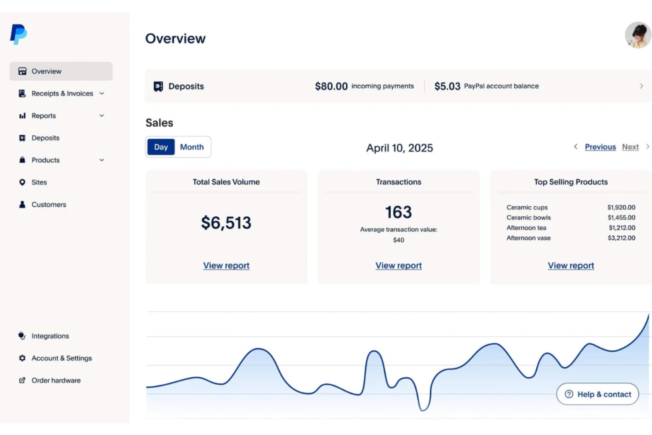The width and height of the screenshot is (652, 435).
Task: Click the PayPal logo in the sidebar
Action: click(x=19, y=34)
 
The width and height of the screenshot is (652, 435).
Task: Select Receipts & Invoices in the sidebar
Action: click(x=62, y=93)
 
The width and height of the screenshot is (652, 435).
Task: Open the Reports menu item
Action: click(x=44, y=116)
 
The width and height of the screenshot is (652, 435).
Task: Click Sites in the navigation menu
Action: click(x=39, y=182)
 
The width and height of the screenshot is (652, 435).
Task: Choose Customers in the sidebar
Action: click(x=48, y=204)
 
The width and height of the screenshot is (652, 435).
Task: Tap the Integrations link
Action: click(x=50, y=336)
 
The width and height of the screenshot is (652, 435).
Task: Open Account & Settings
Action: click(x=61, y=358)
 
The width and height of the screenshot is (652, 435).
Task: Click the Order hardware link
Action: click(x=56, y=380)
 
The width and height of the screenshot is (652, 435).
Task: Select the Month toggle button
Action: click(x=192, y=147)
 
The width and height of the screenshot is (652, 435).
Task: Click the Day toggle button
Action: click(x=161, y=147)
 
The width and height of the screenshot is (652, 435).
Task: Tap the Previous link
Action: click(x=600, y=147)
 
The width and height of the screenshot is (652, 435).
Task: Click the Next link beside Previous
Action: click(x=630, y=147)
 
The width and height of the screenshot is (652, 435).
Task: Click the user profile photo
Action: click(x=637, y=35)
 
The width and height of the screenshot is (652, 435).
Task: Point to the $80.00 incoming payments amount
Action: click(x=331, y=86)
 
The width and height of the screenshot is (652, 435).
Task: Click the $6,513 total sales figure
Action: click(x=226, y=223)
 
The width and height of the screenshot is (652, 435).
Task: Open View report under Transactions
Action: click(x=398, y=266)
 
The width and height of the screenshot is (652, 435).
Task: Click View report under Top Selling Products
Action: click(x=570, y=266)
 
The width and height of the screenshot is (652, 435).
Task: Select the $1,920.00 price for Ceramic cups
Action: click(x=621, y=208)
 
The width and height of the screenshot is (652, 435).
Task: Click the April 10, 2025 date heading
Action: click(x=400, y=148)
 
